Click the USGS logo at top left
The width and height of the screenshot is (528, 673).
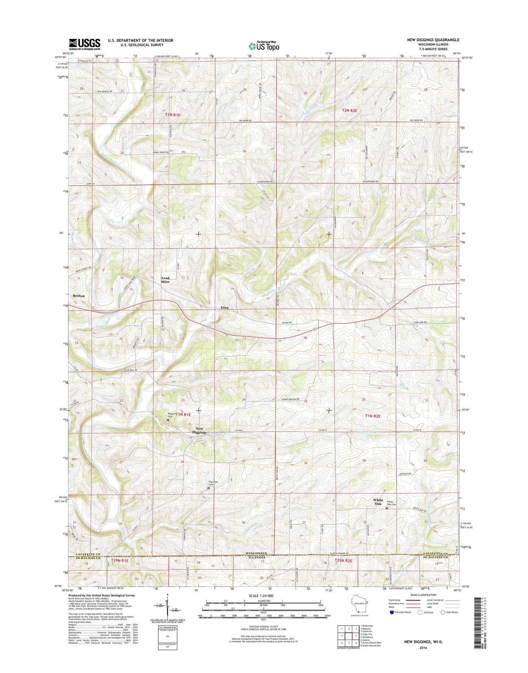click(x=84, y=44)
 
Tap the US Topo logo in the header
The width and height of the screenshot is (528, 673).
click(x=264, y=46)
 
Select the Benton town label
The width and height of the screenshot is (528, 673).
click(x=79, y=296)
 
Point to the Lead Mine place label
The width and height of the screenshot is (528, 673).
click(x=166, y=280)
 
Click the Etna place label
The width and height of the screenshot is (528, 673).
click(x=224, y=308)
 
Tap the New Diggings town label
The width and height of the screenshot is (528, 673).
click(x=199, y=430)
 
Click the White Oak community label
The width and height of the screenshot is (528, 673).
click(x=378, y=502)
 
